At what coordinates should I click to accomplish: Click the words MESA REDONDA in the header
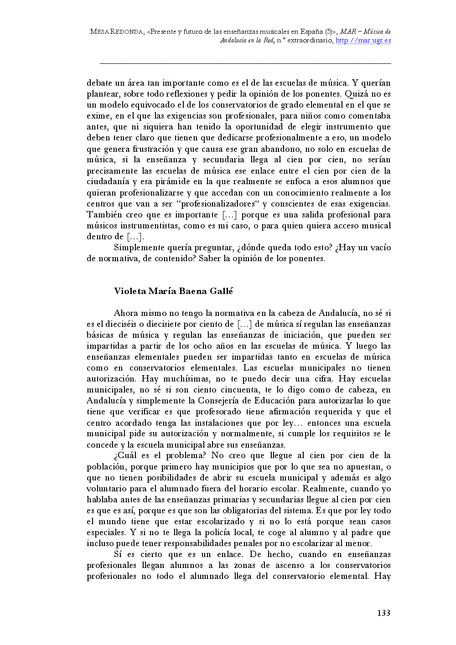pyautogui.click(x=117, y=31)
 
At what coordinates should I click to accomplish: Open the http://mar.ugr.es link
pyautogui.click(x=363, y=41)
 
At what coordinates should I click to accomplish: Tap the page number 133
pyautogui.click(x=383, y=613)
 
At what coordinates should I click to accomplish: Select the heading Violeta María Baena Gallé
pyautogui.click(x=173, y=291)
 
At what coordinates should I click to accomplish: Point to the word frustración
pyautogui.click(x=153, y=149)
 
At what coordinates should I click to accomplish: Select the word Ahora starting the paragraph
pyautogui.click(x=126, y=313)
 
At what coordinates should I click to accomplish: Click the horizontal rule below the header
pyautogui.click(x=245, y=63)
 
